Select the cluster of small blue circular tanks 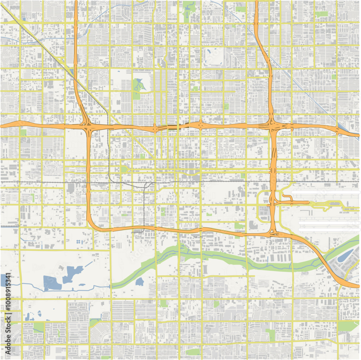coord(79,242)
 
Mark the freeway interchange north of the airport coord(273,126)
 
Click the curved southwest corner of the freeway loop coord(92,225)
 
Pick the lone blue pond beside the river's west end coord(140,281)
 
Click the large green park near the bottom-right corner coord(349,326)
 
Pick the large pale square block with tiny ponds coord(43,310)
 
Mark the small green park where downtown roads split coord(124,169)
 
